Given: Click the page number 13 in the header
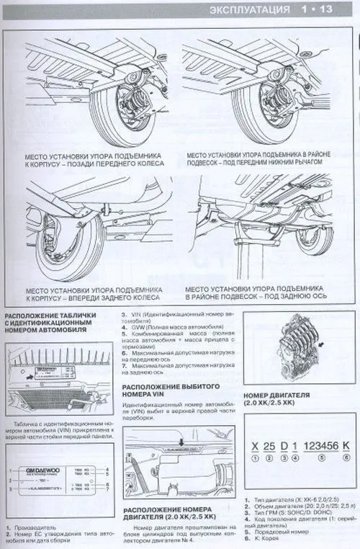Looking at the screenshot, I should pyautogui.click(x=340, y=9).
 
